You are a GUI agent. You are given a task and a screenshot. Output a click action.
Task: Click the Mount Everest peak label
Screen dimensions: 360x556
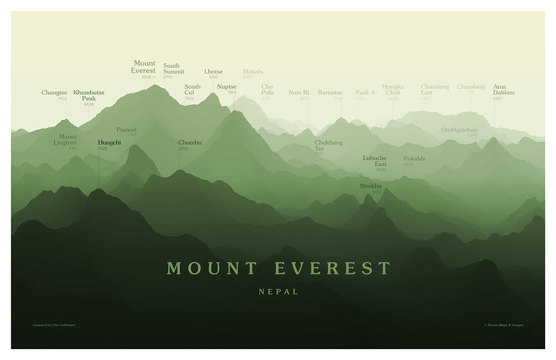click(x=143, y=67)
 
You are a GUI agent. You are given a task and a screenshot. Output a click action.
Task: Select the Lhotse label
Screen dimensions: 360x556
click(x=213, y=72)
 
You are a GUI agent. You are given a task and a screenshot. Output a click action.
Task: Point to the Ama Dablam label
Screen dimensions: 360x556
click(x=503, y=89)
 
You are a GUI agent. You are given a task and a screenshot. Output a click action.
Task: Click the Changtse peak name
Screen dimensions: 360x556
click(x=54, y=93)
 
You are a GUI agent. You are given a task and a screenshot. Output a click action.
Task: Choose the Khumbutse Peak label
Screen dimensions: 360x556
click(x=89, y=96)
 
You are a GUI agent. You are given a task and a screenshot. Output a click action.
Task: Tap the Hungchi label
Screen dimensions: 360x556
click(x=109, y=142)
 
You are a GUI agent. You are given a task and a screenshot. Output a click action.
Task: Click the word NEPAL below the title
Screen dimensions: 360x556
click(x=279, y=292)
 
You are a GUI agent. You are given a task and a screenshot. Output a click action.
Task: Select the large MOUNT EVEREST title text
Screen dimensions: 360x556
click(x=279, y=268)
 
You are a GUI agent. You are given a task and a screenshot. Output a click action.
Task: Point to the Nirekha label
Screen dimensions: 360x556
click(x=370, y=186)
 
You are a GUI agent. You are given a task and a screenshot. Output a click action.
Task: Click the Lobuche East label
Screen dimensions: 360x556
click(x=375, y=161)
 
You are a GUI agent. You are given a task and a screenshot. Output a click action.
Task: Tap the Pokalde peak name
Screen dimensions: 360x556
click(x=414, y=159)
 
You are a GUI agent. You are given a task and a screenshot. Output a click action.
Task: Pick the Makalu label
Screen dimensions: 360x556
click(x=253, y=72)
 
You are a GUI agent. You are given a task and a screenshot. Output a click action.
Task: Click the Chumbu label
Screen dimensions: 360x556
click(x=190, y=142)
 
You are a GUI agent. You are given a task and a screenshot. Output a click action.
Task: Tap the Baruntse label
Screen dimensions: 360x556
click(x=330, y=92)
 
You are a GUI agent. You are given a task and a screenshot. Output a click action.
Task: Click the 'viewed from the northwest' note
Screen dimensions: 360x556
click(x=54, y=325)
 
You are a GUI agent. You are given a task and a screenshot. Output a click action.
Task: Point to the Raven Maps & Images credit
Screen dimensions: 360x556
click(x=504, y=325)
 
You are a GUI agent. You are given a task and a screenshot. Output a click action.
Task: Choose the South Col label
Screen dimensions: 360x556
click(x=192, y=90)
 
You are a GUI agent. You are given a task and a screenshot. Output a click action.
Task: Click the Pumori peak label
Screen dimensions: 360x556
click(x=127, y=130)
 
